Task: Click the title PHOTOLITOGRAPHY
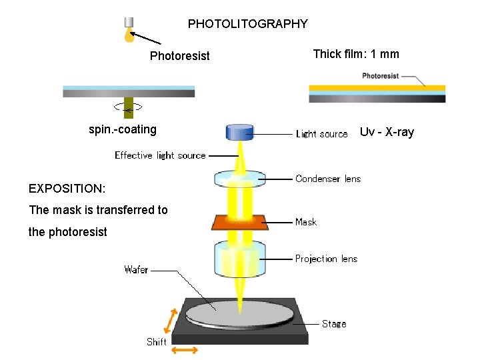tap(247, 24)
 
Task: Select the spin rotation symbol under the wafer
tap(128, 106)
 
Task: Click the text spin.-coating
tap(123, 129)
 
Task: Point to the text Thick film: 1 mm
tap(356, 54)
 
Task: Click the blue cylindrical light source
tap(240, 132)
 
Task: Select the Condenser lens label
tap(327, 179)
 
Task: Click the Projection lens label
tap(326, 259)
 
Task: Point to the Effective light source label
tap(160, 155)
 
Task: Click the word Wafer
tap(136, 270)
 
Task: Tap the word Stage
tap(334, 324)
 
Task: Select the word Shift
tap(157, 342)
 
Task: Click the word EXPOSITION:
tap(67, 189)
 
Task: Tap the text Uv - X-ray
tap(387, 132)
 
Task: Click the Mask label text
tap(306, 222)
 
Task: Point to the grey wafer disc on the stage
tap(239, 313)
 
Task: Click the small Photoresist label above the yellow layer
tap(380, 76)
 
